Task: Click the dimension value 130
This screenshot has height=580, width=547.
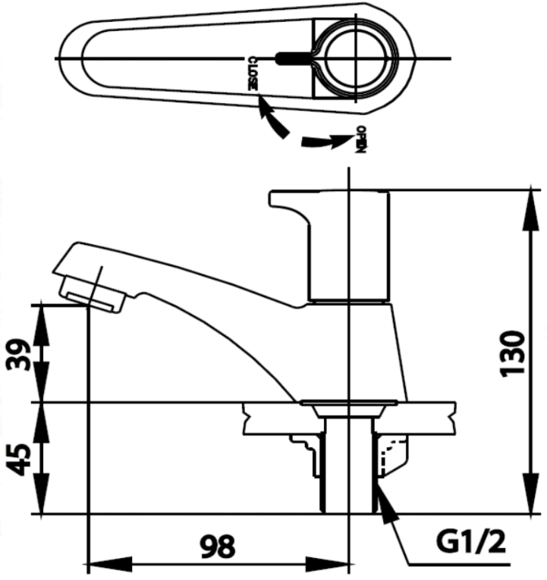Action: [x=514, y=353]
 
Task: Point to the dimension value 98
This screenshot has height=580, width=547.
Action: [x=218, y=545]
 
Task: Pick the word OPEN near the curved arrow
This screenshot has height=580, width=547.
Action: [x=361, y=140]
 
